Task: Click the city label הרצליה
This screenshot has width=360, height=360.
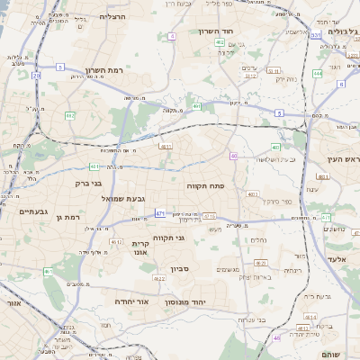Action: coord(112,17)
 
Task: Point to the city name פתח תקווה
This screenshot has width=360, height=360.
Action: coord(205,185)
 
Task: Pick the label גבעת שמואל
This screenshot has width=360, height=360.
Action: coord(124,198)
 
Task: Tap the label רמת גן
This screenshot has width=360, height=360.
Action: coord(68,217)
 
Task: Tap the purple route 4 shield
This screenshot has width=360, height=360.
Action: coord(171,36)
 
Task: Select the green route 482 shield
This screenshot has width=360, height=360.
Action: coord(69,115)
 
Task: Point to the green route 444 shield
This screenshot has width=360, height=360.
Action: coord(318,73)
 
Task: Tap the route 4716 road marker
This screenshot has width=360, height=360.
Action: coord(209,216)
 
